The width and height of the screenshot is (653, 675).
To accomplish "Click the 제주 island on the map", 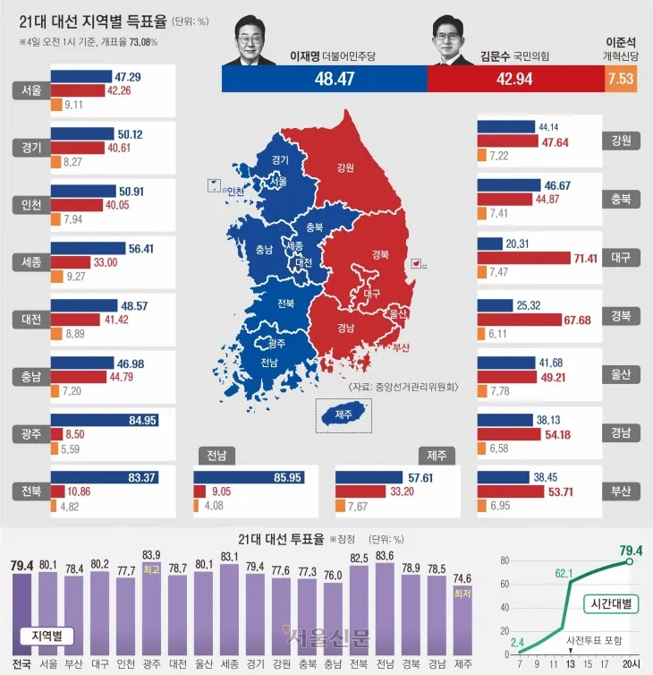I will (341, 414).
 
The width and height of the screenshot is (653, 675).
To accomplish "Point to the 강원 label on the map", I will (345, 167).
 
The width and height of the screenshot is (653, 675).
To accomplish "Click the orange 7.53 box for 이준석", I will (621, 79).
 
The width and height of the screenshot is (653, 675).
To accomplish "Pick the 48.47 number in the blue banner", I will (323, 79).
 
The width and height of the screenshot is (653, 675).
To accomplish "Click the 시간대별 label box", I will (612, 603).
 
